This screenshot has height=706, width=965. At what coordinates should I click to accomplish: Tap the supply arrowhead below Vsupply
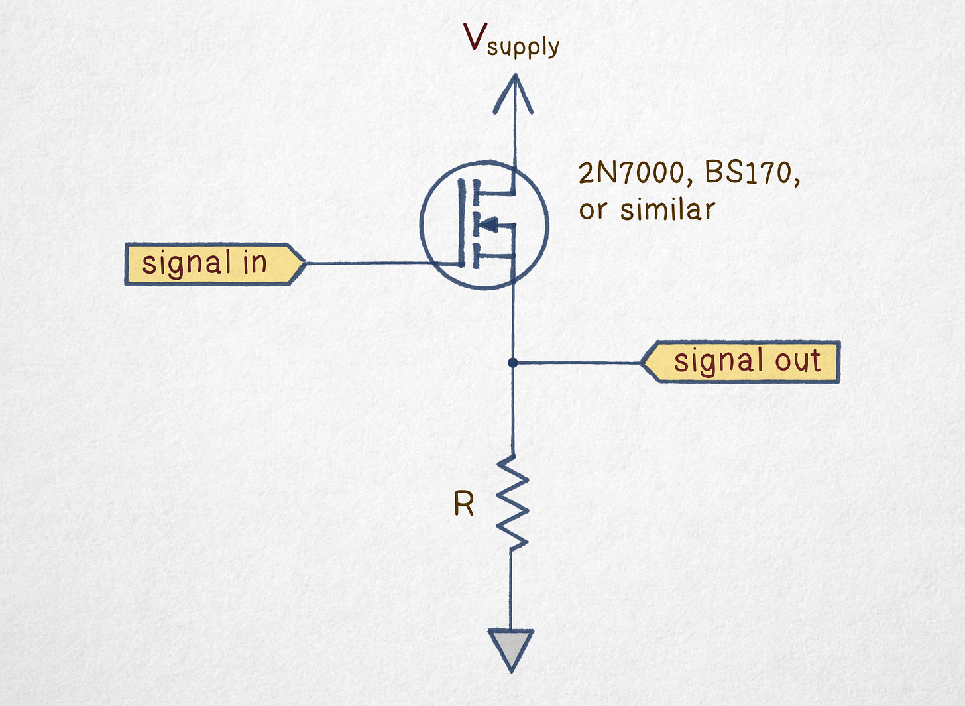pos(513,93)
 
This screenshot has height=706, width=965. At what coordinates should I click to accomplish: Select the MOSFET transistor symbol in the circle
pos(484,225)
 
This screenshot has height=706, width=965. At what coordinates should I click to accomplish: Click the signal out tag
pos(741,362)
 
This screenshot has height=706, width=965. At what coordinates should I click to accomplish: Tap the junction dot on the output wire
pos(512,363)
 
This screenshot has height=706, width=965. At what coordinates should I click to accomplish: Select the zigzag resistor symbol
pos(512,502)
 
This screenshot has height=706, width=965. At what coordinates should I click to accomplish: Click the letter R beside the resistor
pos(463,505)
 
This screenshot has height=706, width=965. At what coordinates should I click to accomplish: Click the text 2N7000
pos(631,174)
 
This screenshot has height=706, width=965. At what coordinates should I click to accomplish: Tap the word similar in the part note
pos(667,210)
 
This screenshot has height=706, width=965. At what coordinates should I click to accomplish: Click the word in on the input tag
pos(255,263)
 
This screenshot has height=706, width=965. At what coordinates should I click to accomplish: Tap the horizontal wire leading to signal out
pos(577,363)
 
